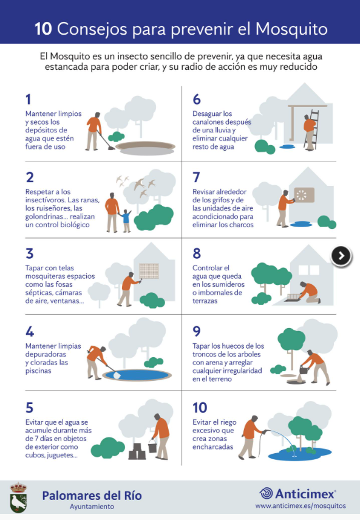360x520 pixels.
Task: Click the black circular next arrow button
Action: coord(341,256)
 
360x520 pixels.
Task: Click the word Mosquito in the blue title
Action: coord(291,29)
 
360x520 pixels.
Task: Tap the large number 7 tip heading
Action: coord(196,177)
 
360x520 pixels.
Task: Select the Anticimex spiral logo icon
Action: coord(266,493)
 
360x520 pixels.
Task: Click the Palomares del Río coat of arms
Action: coord(18,497)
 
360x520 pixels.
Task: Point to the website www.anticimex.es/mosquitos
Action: coord(301,506)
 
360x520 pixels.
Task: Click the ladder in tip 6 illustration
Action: coord(312,129)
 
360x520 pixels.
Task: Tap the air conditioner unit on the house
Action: coord(304,195)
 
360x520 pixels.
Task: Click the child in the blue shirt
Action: coord(126,221)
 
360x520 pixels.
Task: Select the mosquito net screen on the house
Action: coord(149,270)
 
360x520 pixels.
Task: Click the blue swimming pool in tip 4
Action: coord(137,375)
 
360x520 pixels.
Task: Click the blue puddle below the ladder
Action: coord(287,146)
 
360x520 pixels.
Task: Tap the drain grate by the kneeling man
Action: coord(292,298)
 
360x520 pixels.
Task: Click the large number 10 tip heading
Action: coord(200,408)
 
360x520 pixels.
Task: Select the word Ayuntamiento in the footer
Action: coord(92,507)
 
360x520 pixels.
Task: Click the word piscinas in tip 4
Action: coord(38,371)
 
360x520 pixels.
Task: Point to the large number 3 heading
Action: coord(30,253)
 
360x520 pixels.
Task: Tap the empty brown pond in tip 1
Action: coord(146,148)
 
